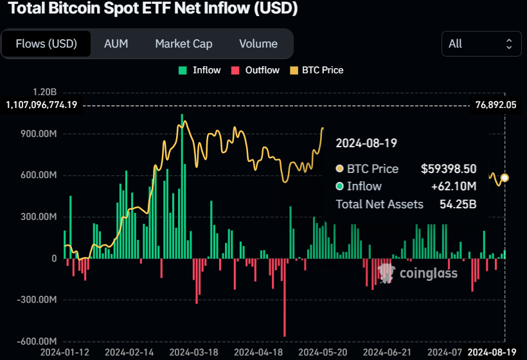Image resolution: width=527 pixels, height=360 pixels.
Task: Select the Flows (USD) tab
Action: [46, 44]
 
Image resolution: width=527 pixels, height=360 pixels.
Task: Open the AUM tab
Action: [116, 44]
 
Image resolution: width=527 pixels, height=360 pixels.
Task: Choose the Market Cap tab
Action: [183, 44]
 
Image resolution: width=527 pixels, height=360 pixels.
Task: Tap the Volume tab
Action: [258, 44]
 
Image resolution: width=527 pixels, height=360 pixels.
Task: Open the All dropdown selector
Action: [481, 44]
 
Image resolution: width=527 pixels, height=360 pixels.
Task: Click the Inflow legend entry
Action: [200, 70]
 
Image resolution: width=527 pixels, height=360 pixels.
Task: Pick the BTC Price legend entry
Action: [317, 70]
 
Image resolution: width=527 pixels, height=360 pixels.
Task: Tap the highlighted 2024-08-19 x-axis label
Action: [492, 352]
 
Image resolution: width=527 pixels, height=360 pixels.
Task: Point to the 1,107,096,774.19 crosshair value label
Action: [41, 104]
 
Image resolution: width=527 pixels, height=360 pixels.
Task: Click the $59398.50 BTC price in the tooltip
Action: [448, 169]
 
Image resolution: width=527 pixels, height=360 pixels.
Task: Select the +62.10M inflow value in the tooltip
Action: [453, 186]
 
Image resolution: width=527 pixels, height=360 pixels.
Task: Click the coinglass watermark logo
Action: [418, 273]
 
